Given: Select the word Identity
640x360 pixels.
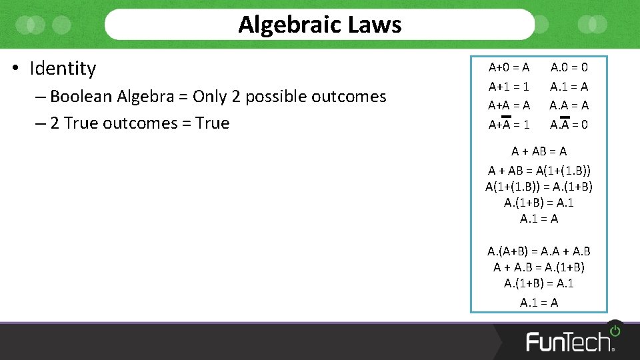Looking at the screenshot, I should (63, 68).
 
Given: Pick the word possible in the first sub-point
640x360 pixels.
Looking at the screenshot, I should (281, 97).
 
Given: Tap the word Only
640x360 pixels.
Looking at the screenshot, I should (209, 97).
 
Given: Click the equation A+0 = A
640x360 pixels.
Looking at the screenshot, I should (509, 67).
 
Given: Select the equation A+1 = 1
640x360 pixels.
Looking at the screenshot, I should (509, 87).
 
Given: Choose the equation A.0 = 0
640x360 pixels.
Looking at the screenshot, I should (569, 67).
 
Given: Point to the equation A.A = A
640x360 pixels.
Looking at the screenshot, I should (569, 105).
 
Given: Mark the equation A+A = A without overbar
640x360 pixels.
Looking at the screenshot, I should (509, 105).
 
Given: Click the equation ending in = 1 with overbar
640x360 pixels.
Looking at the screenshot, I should (509, 125).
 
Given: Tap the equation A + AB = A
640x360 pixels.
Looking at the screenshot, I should (539, 151).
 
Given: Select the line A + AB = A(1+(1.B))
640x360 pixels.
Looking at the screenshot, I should (539, 171).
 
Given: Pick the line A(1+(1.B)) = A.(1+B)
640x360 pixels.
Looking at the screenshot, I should (539, 187).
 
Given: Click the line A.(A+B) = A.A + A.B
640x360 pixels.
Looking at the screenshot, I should (539, 251).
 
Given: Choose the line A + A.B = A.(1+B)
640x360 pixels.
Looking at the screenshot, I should (539, 267).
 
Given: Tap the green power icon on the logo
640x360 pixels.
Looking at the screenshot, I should (615, 331).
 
